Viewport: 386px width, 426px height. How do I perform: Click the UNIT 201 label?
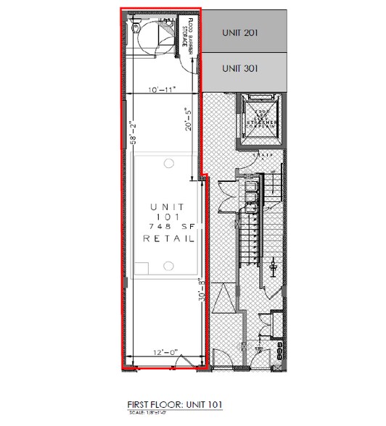tap(239, 33)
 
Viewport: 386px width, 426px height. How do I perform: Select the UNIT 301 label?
tap(239, 69)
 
